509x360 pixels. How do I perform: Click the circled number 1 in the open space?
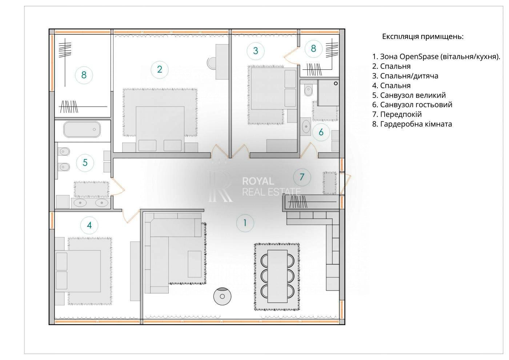click(245, 223)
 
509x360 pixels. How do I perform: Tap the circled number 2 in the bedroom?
click(159, 69)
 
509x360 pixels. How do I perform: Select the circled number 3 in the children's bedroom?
click(256, 51)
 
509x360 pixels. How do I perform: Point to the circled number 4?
click(89, 225)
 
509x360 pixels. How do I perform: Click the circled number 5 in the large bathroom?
click(85, 162)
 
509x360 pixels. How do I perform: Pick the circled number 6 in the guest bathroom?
click(321, 132)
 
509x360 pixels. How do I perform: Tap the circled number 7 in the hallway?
click(302, 177)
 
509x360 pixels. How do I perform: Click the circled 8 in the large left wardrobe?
click(84, 75)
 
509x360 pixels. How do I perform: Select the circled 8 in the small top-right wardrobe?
click(313, 48)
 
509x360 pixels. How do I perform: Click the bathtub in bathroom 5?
click(82, 129)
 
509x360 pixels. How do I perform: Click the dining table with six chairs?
click(277, 276)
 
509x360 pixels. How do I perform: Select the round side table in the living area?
click(222, 296)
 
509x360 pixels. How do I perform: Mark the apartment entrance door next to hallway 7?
click(346, 184)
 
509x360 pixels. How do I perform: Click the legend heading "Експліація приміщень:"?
click(422, 37)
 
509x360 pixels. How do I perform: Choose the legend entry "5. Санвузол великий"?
click(409, 95)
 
